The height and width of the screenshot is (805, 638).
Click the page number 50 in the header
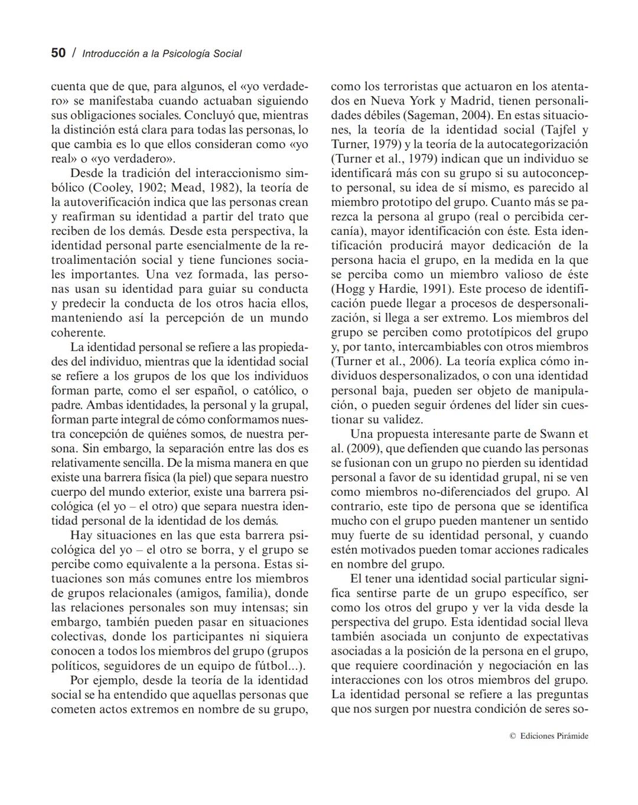[x=58, y=53]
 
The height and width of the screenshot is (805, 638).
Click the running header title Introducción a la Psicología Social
[x=162, y=54]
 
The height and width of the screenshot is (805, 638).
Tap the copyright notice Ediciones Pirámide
[x=549, y=736]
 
